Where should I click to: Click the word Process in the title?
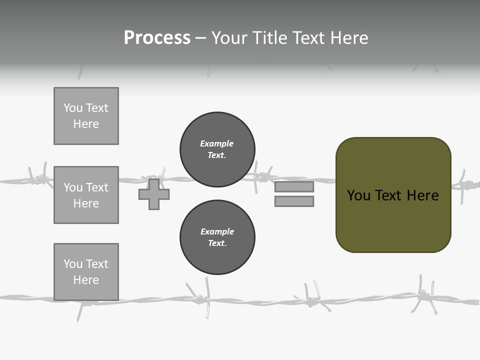(157, 38)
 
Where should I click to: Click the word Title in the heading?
(270, 38)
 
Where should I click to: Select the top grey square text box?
(86, 116)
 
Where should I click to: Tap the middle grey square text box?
(86, 195)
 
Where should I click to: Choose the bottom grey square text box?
(86, 271)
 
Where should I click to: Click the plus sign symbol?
(154, 194)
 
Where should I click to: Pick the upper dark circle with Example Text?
(217, 149)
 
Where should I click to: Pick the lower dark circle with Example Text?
(217, 237)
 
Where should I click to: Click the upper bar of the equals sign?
(294, 187)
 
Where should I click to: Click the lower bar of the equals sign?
(294, 201)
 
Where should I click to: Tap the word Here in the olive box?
(422, 195)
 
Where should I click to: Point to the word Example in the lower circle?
(217, 231)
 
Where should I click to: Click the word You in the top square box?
(72, 108)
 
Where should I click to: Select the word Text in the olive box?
(389, 195)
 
